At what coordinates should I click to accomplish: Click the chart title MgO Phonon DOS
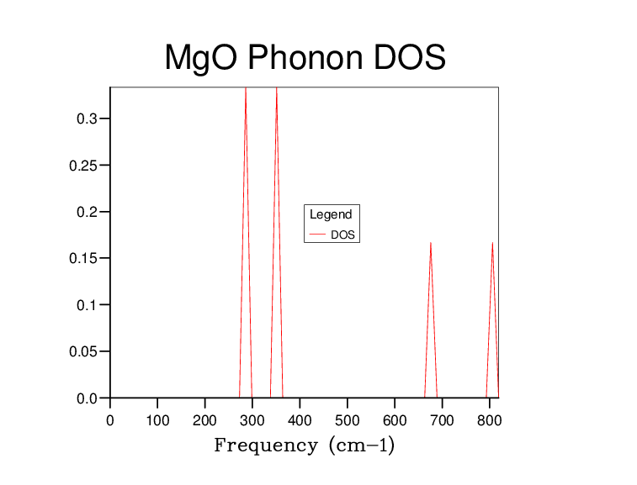(x=305, y=57)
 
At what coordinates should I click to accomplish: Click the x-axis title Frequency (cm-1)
(x=304, y=445)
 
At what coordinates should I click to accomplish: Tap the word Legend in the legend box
(x=331, y=214)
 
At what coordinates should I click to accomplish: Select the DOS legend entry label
(x=342, y=235)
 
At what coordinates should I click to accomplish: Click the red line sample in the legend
(x=318, y=235)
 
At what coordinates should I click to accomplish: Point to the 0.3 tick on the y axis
(x=88, y=119)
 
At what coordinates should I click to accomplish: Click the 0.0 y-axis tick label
(x=88, y=398)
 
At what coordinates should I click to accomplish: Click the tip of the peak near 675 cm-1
(x=431, y=243)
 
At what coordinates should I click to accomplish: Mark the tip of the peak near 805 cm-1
(x=492, y=243)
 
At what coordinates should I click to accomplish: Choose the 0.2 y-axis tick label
(x=88, y=212)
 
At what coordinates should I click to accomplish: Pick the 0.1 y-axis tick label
(x=88, y=305)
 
